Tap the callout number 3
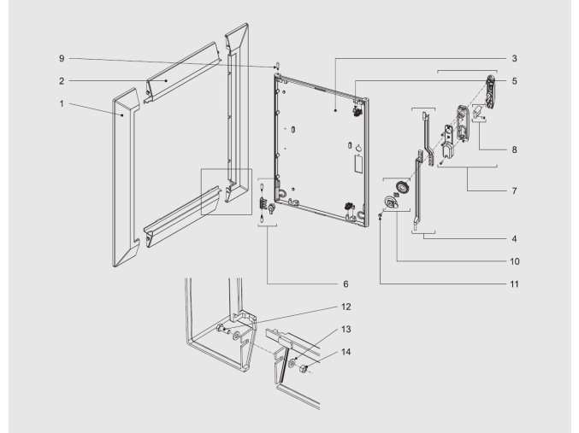point(513,59)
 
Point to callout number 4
point(513,240)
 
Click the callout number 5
point(513,81)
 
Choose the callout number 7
point(513,190)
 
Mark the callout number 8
point(513,149)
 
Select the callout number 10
point(515,260)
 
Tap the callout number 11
point(515,283)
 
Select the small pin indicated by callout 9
point(278,65)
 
